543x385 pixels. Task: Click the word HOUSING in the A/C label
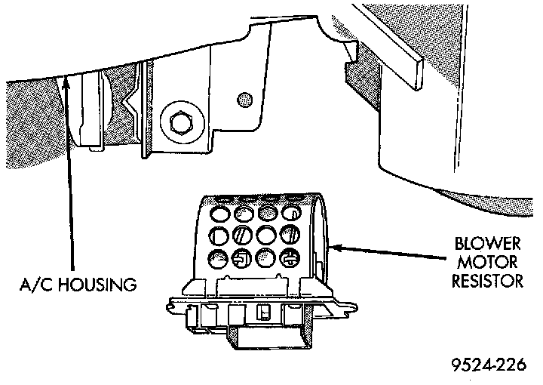tap(102, 285)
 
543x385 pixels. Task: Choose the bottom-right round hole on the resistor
tap(290, 257)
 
